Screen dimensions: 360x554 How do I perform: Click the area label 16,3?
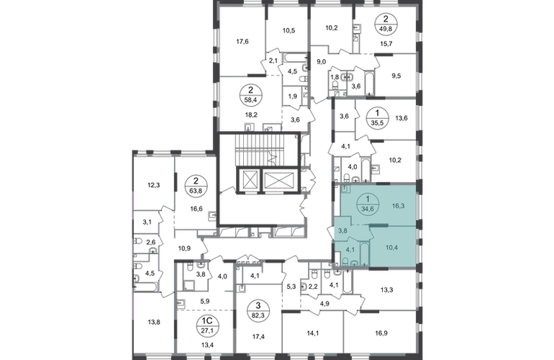click(396, 204)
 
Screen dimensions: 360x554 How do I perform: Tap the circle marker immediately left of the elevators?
click(193, 186)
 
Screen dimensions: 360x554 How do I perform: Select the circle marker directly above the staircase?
click(253, 93)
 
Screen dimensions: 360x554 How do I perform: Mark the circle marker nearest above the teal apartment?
click(376, 116)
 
